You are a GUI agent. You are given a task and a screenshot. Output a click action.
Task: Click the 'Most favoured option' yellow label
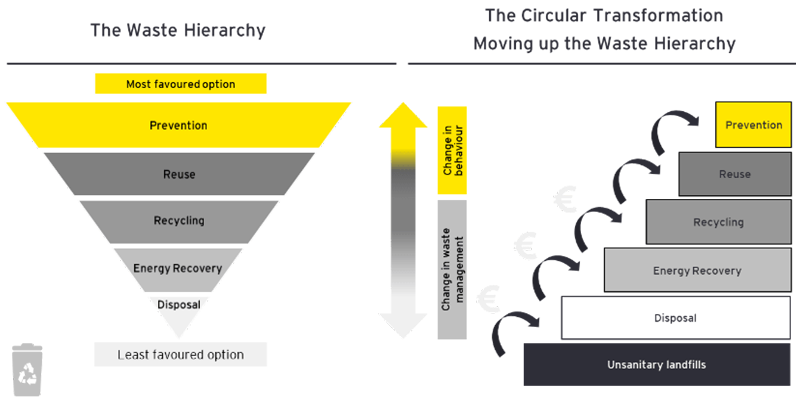pos(181,84)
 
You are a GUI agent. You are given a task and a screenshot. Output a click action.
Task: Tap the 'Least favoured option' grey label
pos(181,355)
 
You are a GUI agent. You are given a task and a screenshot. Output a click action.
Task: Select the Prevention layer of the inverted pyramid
pos(179,125)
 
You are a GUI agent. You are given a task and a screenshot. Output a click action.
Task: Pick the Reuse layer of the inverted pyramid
pos(179,174)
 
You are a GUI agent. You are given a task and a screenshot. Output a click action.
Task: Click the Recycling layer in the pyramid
pos(179,221)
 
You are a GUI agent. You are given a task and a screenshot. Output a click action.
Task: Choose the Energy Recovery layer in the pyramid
pos(177,268)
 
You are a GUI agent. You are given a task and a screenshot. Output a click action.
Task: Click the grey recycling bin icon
pos(27,370)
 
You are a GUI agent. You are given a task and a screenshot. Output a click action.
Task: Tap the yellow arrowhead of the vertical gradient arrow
pos(403,117)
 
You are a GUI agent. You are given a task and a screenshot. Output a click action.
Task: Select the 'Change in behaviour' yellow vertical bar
pos(452,150)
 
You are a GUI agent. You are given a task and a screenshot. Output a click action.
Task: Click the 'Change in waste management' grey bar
pos(452,269)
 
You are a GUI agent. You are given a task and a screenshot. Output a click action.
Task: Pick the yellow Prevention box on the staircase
pos(753,125)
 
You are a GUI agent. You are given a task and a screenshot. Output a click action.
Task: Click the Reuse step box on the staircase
pos(735,174)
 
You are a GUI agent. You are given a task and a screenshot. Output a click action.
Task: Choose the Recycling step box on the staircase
pos(719,222)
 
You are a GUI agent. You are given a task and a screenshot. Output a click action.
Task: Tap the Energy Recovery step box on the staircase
pos(697,270)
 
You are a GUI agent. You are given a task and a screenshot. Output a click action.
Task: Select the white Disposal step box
pos(675,318)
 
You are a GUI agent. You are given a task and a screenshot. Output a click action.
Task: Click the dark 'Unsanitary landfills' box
pos(657,364)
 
